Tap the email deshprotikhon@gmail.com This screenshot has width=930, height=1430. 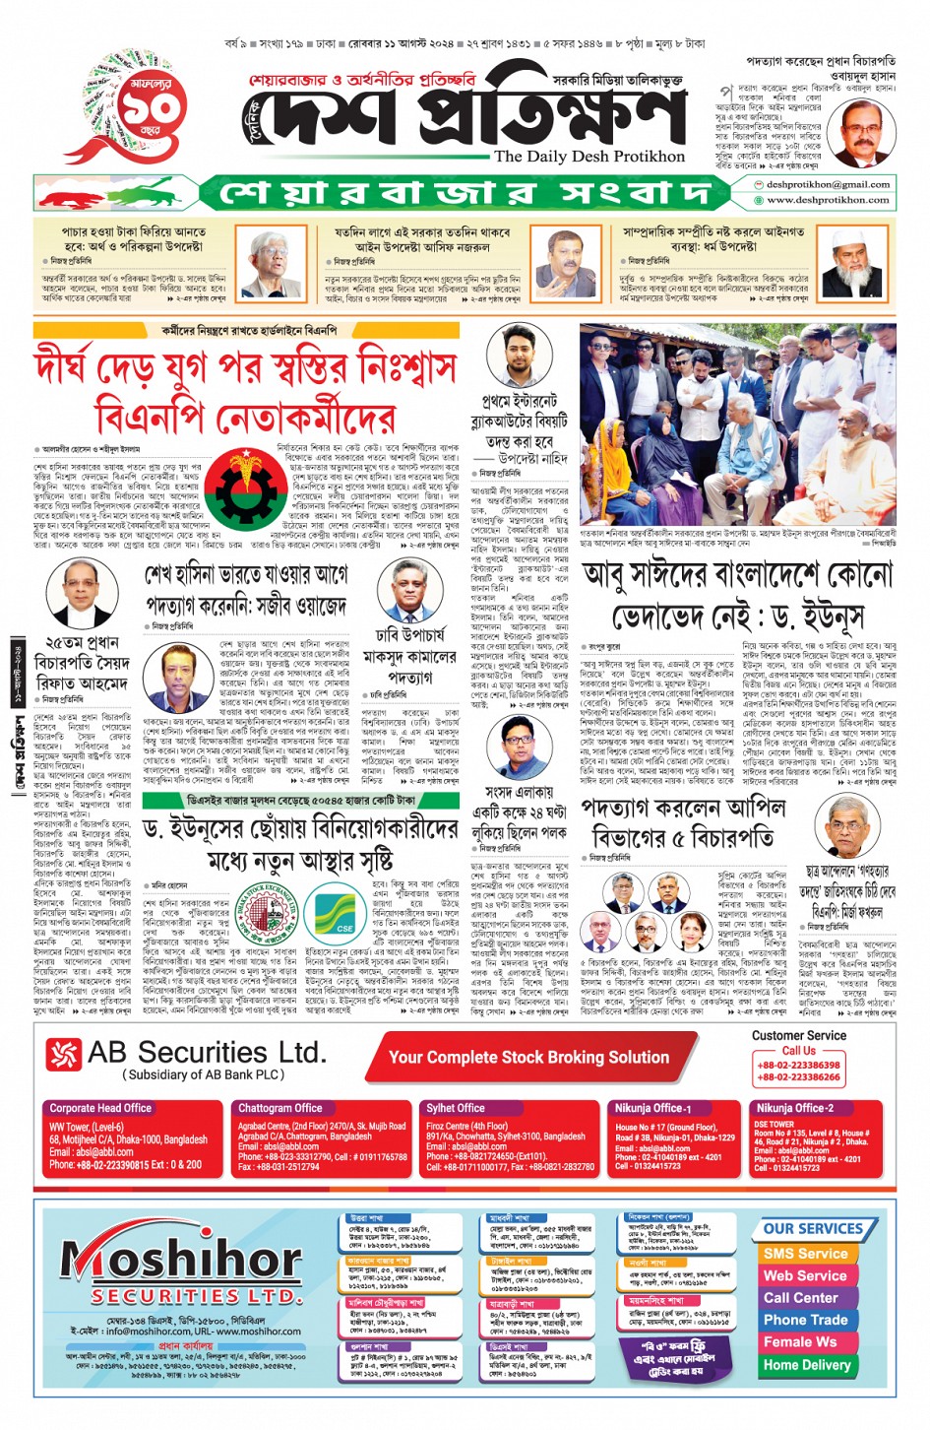828,184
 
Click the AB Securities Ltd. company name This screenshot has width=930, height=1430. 206,1054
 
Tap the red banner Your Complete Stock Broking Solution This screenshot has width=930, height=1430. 528,1058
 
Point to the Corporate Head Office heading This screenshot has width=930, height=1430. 100,1108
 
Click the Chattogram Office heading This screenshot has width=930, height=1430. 279,1108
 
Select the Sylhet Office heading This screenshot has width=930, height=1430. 455,1108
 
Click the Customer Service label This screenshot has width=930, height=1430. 798,1036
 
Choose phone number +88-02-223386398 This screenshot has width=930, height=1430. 798,1065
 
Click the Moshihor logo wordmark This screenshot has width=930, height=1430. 182,1260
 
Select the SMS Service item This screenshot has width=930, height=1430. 805,1254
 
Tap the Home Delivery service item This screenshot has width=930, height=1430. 806,1365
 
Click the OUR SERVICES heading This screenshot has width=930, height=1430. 813,1228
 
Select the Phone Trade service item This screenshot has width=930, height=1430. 805,1320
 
